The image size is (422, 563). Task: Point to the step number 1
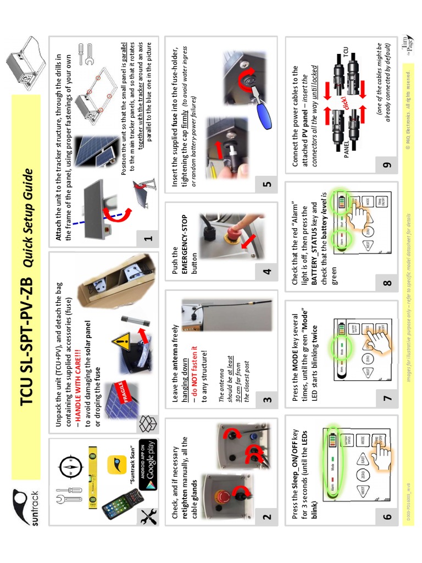click(148, 239)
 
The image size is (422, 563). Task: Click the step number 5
click(267, 184)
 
